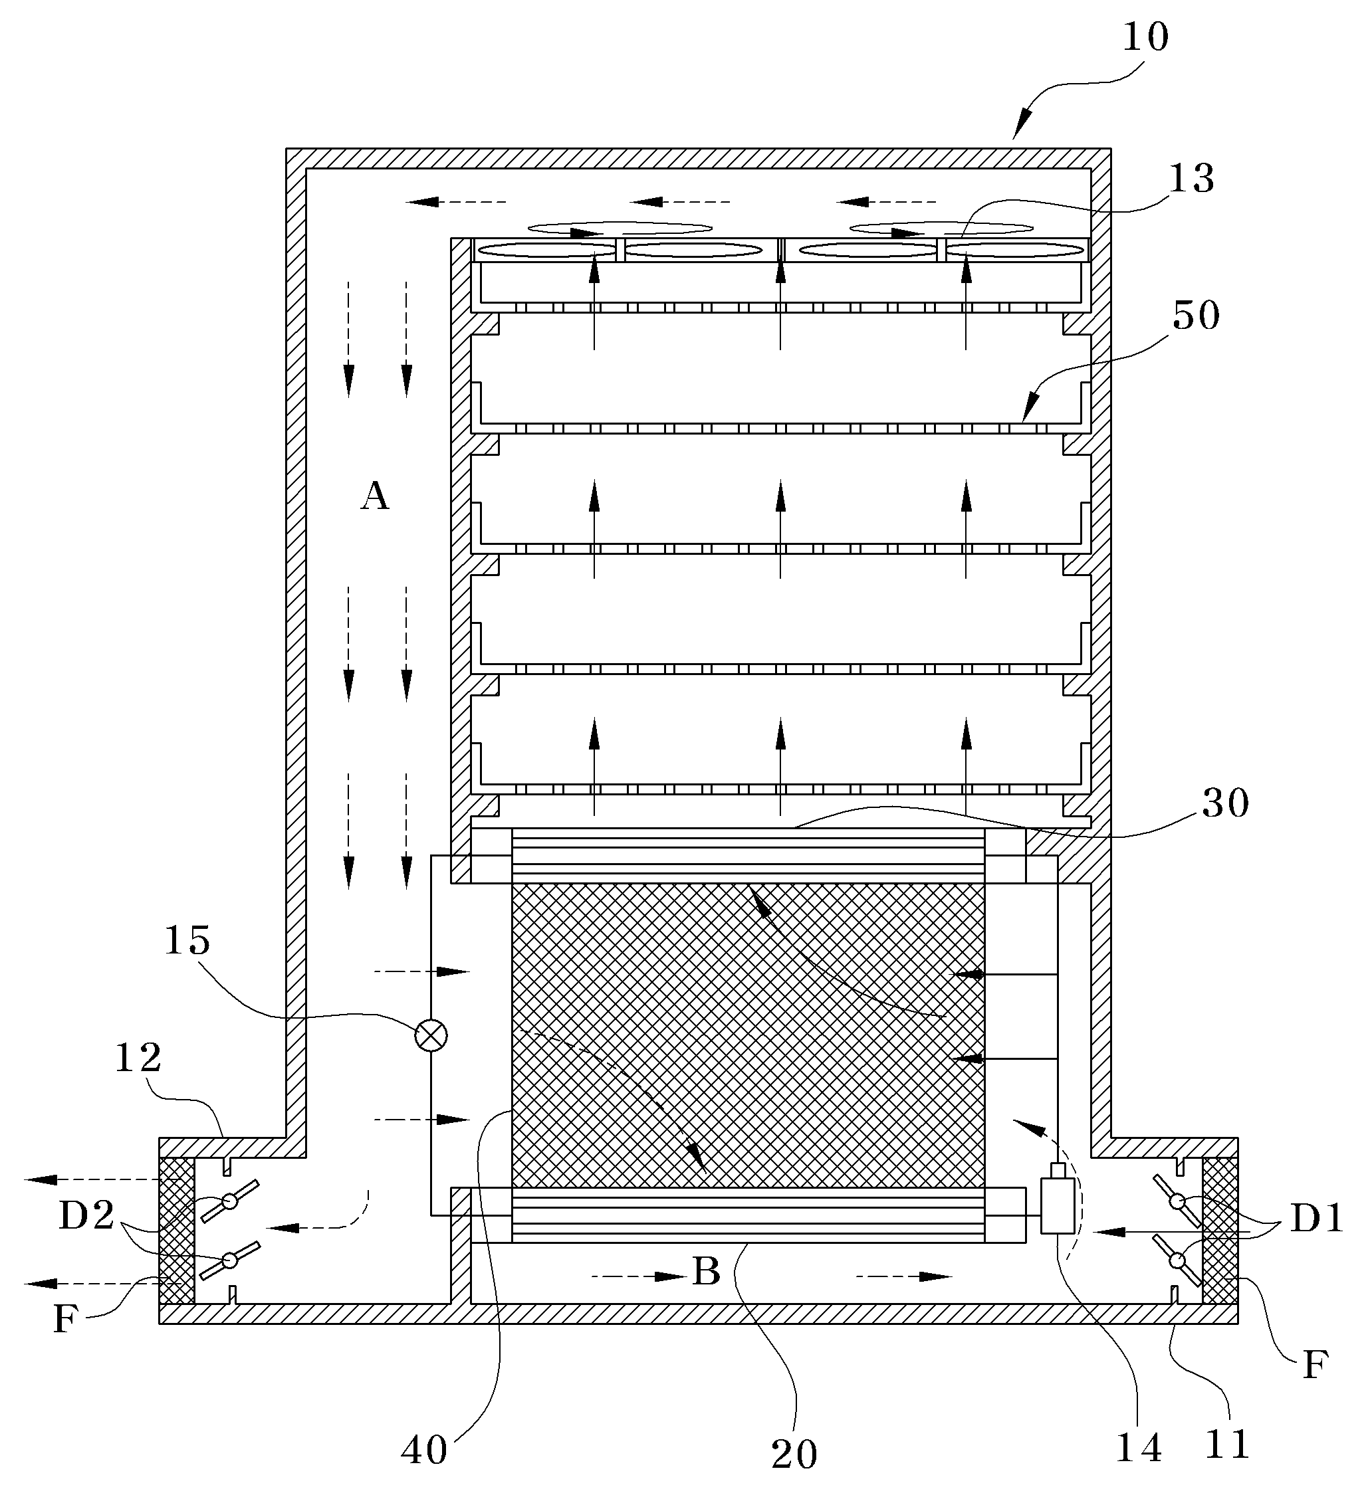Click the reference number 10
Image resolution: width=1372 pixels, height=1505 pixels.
(1145, 37)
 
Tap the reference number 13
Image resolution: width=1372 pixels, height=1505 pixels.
(1191, 179)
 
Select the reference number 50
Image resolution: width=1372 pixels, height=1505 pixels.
(1196, 315)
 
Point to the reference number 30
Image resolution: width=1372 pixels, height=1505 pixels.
(1225, 803)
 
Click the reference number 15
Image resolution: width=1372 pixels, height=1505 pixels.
(187, 940)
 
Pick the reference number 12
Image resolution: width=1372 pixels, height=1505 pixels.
(138, 1057)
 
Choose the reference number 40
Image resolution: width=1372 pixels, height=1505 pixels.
(424, 1451)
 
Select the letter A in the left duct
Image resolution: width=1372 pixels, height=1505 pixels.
(374, 496)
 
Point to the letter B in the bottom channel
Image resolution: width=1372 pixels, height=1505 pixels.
(706, 1270)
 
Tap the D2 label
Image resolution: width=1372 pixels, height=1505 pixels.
(86, 1215)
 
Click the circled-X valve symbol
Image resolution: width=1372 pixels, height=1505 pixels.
(431, 1035)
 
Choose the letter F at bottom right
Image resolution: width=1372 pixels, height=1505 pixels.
(1314, 1365)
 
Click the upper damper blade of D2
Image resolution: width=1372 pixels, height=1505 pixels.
(230, 1201)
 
